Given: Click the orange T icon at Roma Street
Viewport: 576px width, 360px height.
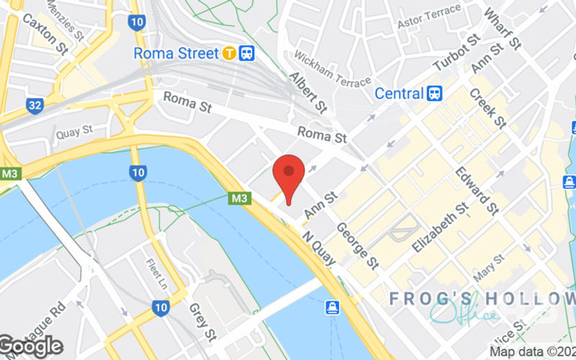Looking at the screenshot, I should pyautogui.click(x=229, y=53).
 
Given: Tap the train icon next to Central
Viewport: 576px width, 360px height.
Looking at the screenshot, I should pyautogui.click(x=434, y=94).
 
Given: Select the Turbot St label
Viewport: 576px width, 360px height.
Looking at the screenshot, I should pyautogui.click(x=456, y=53).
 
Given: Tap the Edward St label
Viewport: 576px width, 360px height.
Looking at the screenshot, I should pyautogui.click(x=477, y=190).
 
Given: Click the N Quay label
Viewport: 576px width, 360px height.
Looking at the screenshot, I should pyautogui.click(x=319, y=247).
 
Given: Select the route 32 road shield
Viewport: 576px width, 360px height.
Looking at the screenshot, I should pyautogui.click(x=34, y=106).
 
